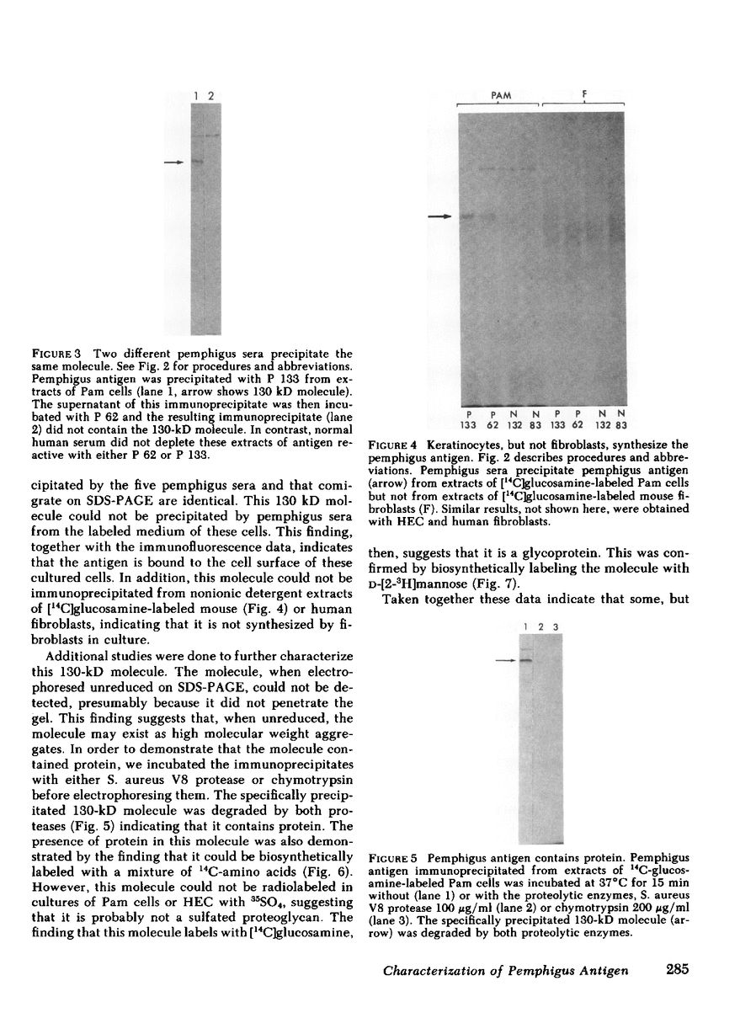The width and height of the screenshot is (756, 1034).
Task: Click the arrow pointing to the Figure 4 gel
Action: tap(439, 217)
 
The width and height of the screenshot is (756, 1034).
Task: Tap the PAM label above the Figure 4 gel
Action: tap(501, 97)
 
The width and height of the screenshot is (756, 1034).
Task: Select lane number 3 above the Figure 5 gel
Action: tap(556, 626)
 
